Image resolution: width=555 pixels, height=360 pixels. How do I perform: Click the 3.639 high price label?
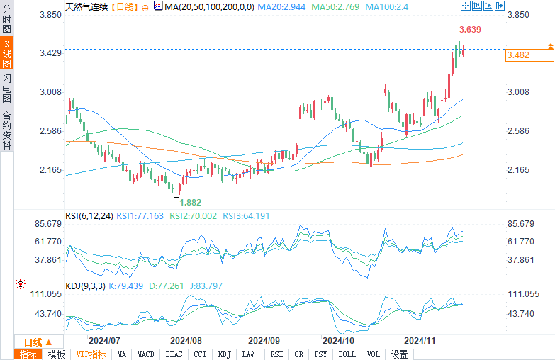coord(471,30)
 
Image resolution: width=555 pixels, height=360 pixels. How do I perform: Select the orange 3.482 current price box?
coord(520,55)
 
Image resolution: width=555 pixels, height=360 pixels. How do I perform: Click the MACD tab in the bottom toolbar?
coord(145,354)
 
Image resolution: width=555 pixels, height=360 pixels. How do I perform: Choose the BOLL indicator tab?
coord(347,354)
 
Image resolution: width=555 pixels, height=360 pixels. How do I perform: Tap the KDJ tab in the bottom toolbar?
coord(224,354)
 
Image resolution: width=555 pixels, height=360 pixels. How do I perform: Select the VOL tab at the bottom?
coord(374,354)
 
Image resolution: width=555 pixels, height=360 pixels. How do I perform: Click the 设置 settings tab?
coord(400,354)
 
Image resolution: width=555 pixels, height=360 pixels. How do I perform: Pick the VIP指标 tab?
coord(91,354)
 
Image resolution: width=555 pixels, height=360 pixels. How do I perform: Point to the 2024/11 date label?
coord(420,340)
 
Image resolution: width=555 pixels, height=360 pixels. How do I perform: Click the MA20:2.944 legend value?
coord(282,6)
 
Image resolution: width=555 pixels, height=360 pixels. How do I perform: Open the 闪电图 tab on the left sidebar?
coord(6,87)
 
